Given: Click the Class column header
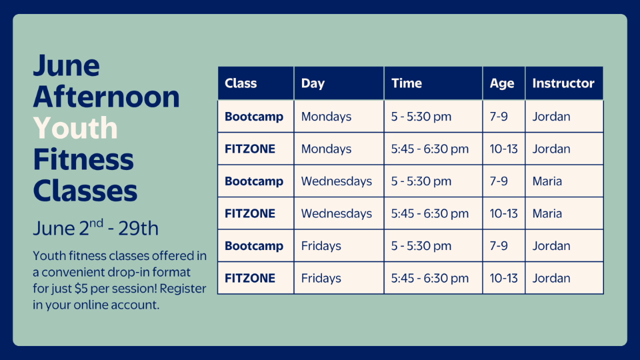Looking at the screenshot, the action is tap(240, 83).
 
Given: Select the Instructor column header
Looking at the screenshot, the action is tap(563, 83).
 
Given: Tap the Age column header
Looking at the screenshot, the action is tap(501, 83).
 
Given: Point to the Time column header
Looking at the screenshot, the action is tap(406, 83).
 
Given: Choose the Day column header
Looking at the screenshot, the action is tap(313, 83).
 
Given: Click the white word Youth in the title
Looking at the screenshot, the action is tap(75, 128).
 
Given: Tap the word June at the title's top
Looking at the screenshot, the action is tap(66, 65).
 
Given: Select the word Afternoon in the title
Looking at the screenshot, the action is tap(106, 96).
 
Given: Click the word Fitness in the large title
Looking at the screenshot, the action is tap(83, 159).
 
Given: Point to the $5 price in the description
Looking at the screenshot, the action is tap(81, 288).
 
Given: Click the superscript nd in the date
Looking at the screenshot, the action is tap(96, 223).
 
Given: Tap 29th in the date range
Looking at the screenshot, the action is tap(138, 228).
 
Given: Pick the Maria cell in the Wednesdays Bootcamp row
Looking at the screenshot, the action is tap(547, 181).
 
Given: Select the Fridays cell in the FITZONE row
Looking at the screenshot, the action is tap(321, 278).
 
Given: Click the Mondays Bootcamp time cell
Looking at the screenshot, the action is tap(421, 117).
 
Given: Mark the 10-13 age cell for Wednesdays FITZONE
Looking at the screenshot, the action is tap(503, 213).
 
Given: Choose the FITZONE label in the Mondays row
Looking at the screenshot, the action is tap(249, 149).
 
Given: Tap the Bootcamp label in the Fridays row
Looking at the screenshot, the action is tap(253, 246).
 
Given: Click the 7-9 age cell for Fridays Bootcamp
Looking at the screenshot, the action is tap(498, 245).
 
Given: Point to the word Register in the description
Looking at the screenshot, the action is tap(183, 289).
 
